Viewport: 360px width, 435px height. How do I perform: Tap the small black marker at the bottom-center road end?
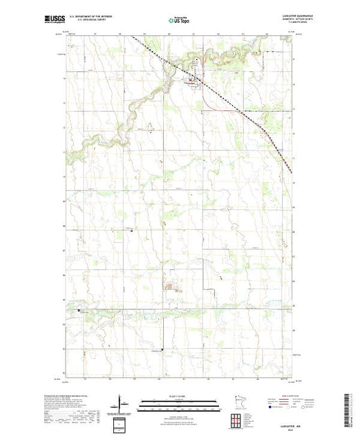[162, 349]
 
